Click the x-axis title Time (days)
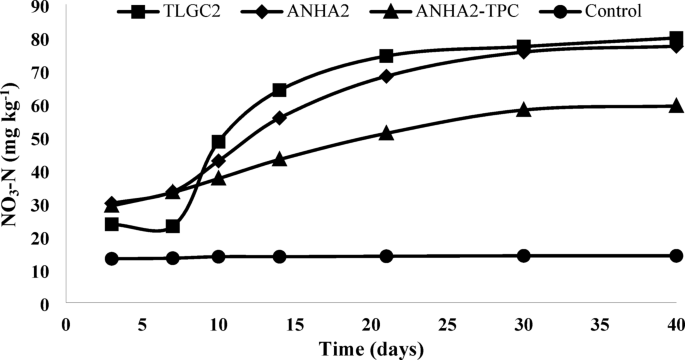[x=370, y=348]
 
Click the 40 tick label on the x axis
[x=676, y=323]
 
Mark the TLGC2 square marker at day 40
[x=676, y=39]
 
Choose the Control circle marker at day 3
[x=111, y=259]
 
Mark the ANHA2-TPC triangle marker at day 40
[x=676, y=106]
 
